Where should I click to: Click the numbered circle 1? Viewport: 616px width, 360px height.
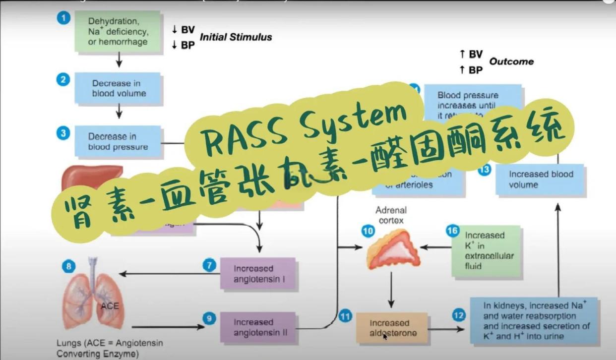(63, 18)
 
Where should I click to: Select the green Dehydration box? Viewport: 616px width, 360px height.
(118, 32)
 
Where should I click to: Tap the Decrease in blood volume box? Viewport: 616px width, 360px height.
(118, 88)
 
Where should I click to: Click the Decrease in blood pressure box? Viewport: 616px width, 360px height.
(118, 141)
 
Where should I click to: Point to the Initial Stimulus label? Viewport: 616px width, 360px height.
(236, 37)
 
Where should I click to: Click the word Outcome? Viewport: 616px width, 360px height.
(511, 61)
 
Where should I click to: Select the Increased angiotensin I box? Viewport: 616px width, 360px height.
(257, 273)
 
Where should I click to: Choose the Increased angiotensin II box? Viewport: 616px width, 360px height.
(257, 327)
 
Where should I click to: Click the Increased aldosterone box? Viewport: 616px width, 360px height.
(392, 328)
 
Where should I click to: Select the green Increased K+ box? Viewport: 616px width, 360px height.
(486, 251)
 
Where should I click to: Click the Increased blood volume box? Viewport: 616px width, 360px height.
(540, 180)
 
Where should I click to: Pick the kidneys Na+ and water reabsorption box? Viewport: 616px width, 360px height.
(534, 320)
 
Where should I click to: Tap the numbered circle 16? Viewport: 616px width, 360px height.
(452, 231)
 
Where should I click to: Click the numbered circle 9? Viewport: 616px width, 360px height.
(210, 318)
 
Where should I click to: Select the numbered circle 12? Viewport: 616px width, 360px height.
(459, 314)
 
